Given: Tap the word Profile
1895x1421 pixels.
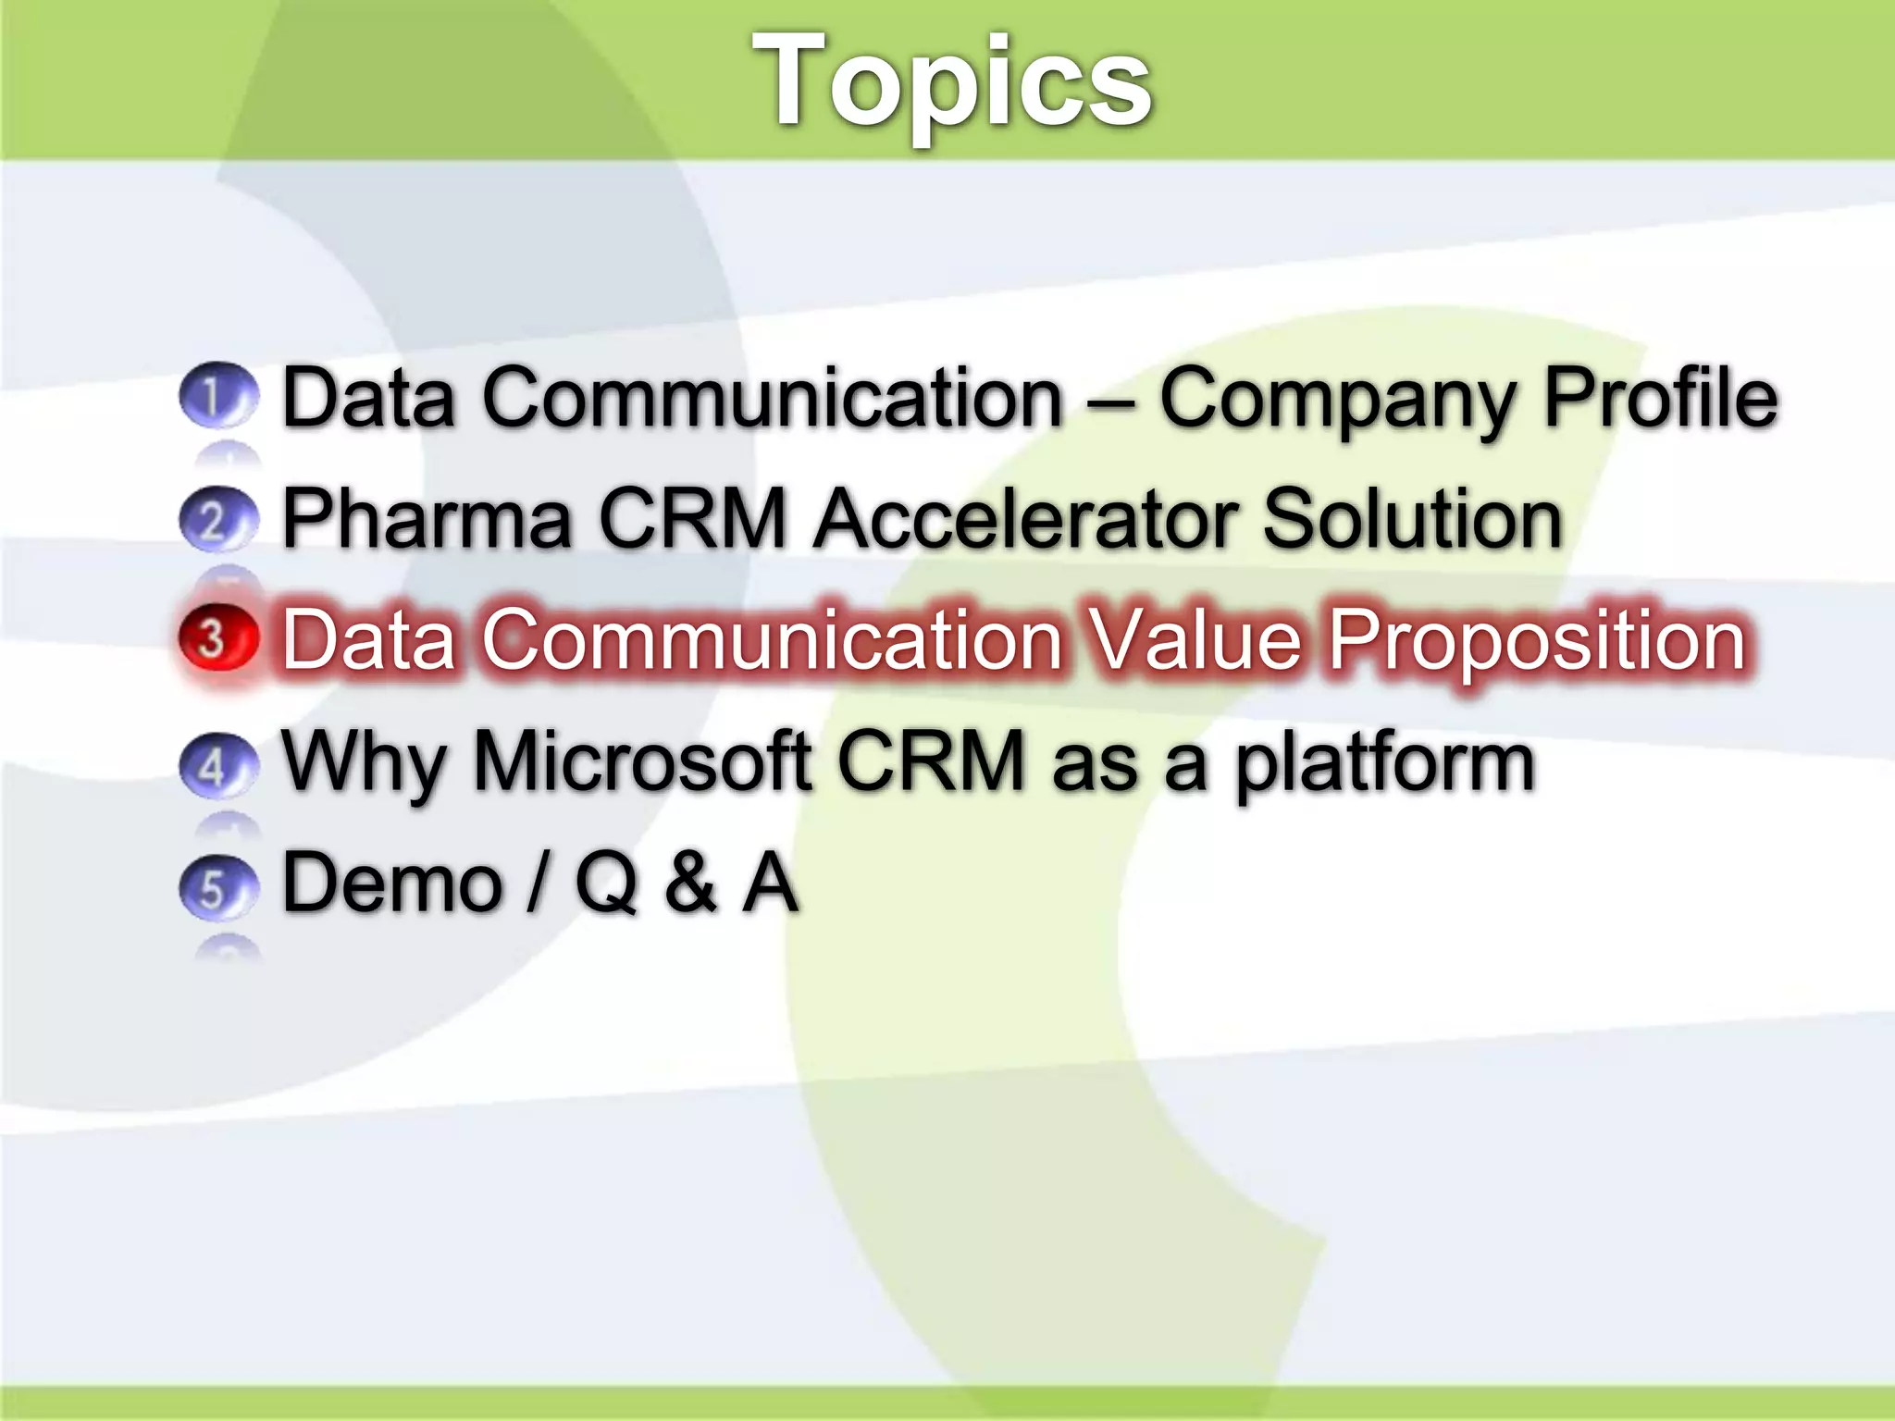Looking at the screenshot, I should tap(1661, 398).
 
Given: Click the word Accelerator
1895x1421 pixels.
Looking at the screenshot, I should tap(1026, 519).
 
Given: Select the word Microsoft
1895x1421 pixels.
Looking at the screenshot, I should tap(643, 761).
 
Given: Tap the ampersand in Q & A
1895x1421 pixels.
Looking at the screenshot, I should tap(690, 883).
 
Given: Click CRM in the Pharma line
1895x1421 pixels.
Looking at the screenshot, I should tap(692, 519).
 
